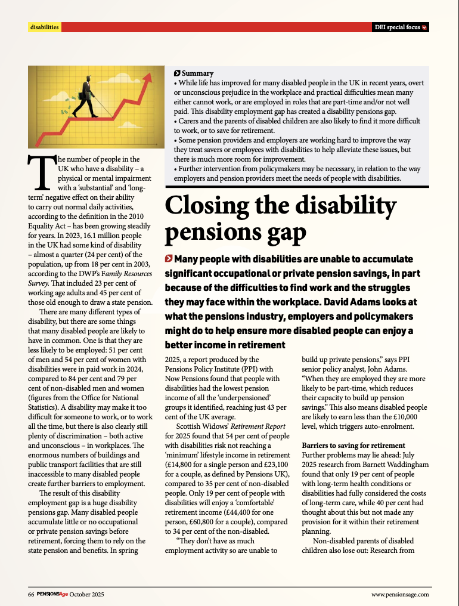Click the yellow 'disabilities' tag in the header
point(45,27)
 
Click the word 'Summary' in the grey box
point(197,73)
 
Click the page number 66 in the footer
point(31,595)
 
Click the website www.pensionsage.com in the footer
point(399,595)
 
